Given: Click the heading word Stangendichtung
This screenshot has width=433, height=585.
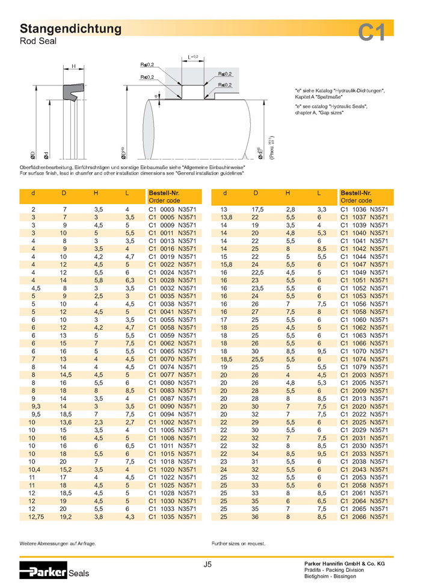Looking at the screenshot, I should [x=71, y=28].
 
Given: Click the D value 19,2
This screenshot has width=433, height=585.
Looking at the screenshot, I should [x=65, y=516].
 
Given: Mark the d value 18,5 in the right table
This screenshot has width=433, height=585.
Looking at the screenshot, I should [x=227, y=358].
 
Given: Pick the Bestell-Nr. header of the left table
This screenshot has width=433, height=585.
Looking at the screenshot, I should [x=165, y=193].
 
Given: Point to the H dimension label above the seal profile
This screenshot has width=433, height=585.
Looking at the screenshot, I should [x=73, y=66].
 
